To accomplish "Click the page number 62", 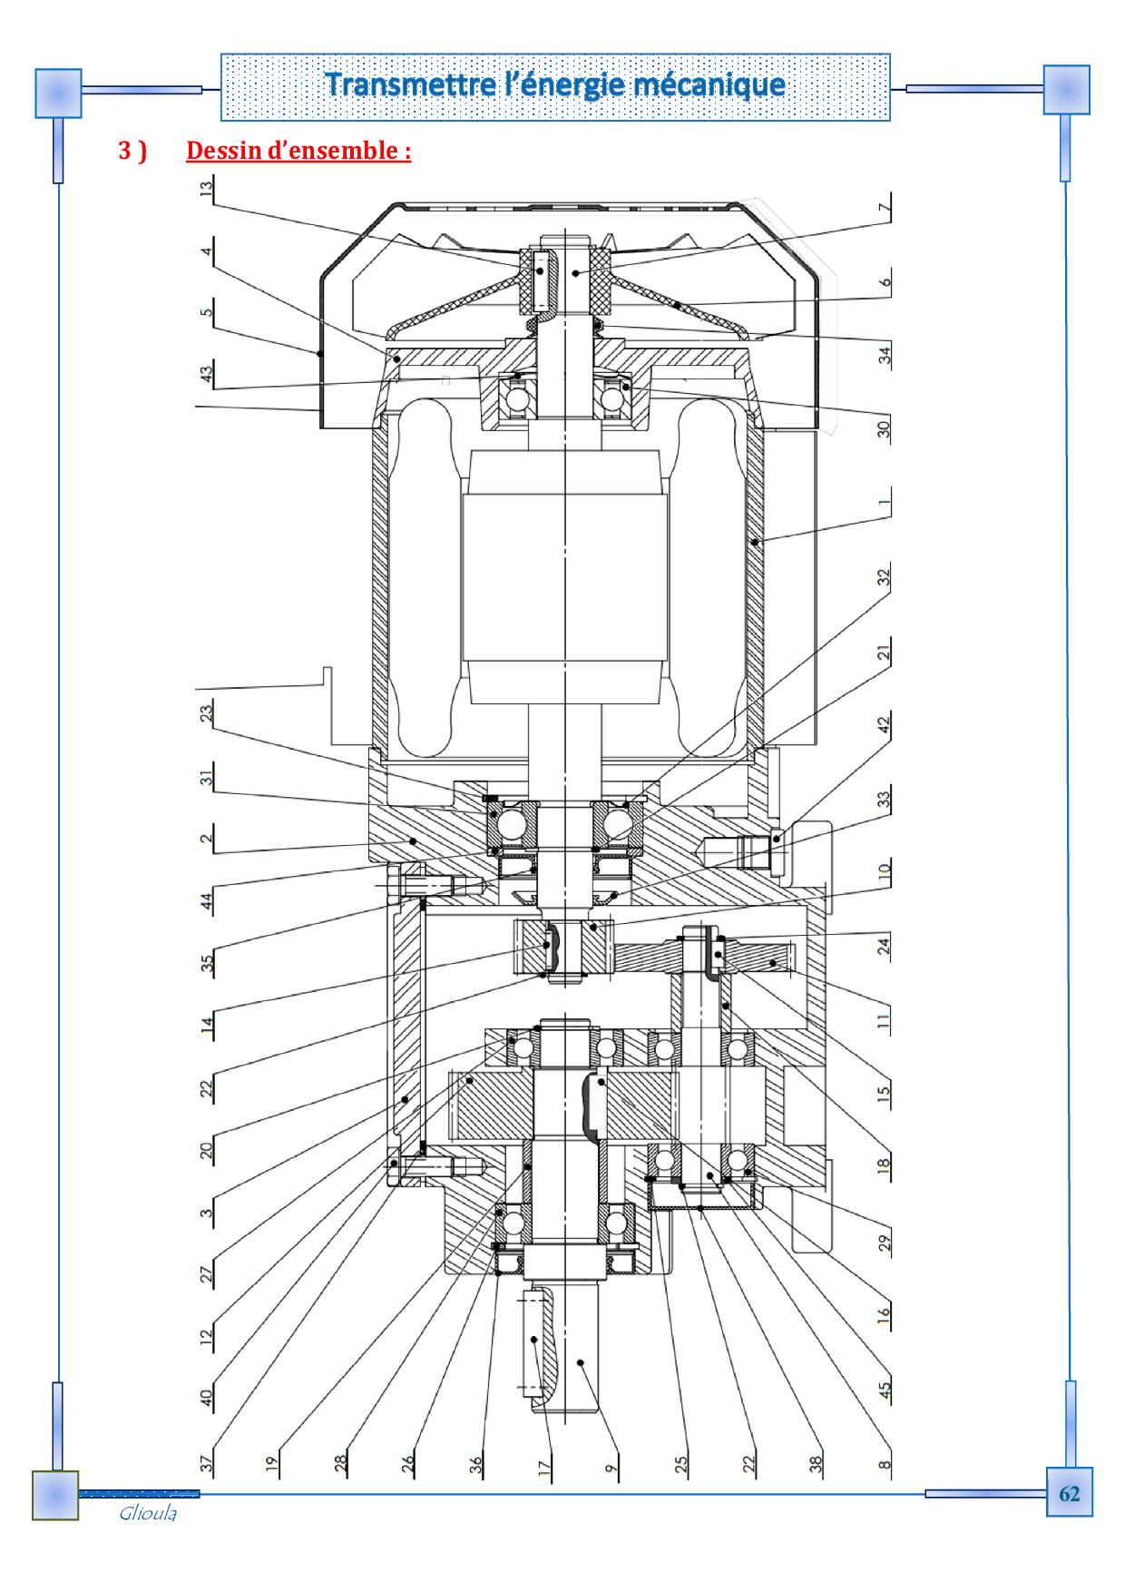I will [x=1069, y=1493].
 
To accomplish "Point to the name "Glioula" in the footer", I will [x=148, y=1513].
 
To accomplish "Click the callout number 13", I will [x=207, y=189].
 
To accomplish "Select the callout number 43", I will [x=207, y=372].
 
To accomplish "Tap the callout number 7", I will [x=885, y=208].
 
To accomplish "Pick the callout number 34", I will [x=885, y=355].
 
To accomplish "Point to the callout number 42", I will [x=885, y=724].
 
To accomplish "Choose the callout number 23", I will [x=207, y=712].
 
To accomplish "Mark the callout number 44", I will [x=207, y=901].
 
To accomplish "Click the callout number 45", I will [x=885, y=1388].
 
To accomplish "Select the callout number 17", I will [x=544, y=1466].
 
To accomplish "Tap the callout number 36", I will [x=476, y=1464].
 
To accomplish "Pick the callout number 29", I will [x=885, y=1243].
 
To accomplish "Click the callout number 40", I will [x=207, y=1398].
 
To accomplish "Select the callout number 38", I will [x=816, y=1464].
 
